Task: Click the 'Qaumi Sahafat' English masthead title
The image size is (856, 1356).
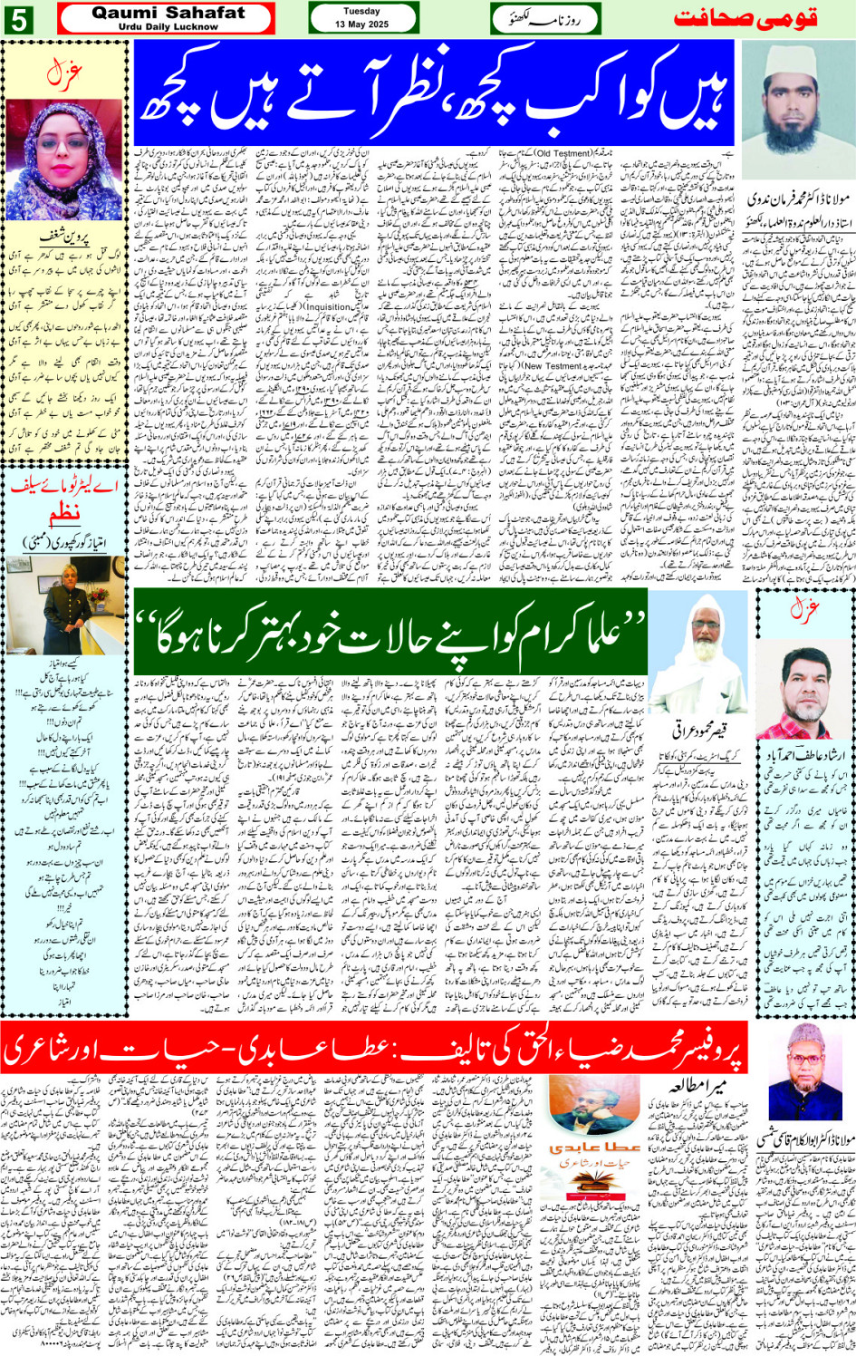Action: click(x=168, y=13)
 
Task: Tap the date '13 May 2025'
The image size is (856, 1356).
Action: click(x=361, y=24)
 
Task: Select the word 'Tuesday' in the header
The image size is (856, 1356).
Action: click(x=361, y=12)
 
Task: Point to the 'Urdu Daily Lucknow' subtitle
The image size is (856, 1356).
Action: click(x=168, y=27)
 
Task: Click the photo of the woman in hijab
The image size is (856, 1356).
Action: click(x=64, y=160)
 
